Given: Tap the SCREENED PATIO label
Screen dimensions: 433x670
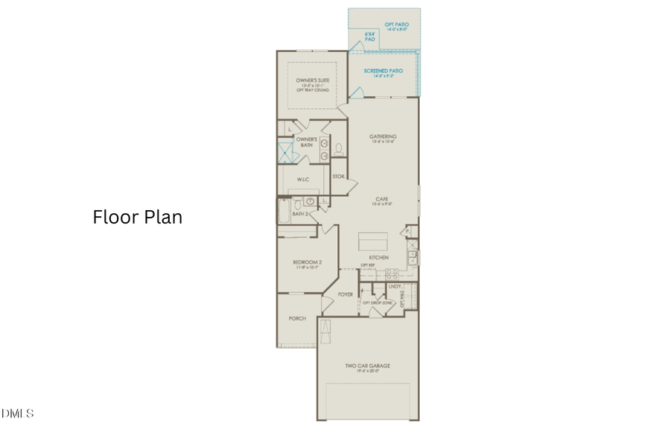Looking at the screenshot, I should (x=383, y=71).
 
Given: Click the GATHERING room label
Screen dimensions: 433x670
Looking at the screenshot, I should (x=383, y=136).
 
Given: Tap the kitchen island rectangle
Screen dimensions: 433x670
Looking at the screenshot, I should (x=372, y=241).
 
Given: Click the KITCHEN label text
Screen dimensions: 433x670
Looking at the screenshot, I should (x=378, y=258).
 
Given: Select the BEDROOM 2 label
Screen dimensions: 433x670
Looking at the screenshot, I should (x=307, y=262).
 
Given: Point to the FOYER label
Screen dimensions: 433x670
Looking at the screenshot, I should (x=345, y=294).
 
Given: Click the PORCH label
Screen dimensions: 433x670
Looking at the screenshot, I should (x=298, y=318).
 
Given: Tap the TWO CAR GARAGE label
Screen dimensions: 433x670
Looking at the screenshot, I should (x=367, y=366).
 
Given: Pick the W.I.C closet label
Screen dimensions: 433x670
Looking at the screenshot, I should (x=303, y=179).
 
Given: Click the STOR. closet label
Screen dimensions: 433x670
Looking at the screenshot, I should (x=338, y=177).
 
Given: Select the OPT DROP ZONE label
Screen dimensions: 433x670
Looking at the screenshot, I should (x=377, y=303).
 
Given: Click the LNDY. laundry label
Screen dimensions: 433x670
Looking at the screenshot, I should (x=395, y=286).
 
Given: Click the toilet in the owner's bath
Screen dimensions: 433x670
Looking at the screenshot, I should (x=339, y=148).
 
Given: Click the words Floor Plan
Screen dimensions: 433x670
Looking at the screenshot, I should (x=137, y=217).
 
